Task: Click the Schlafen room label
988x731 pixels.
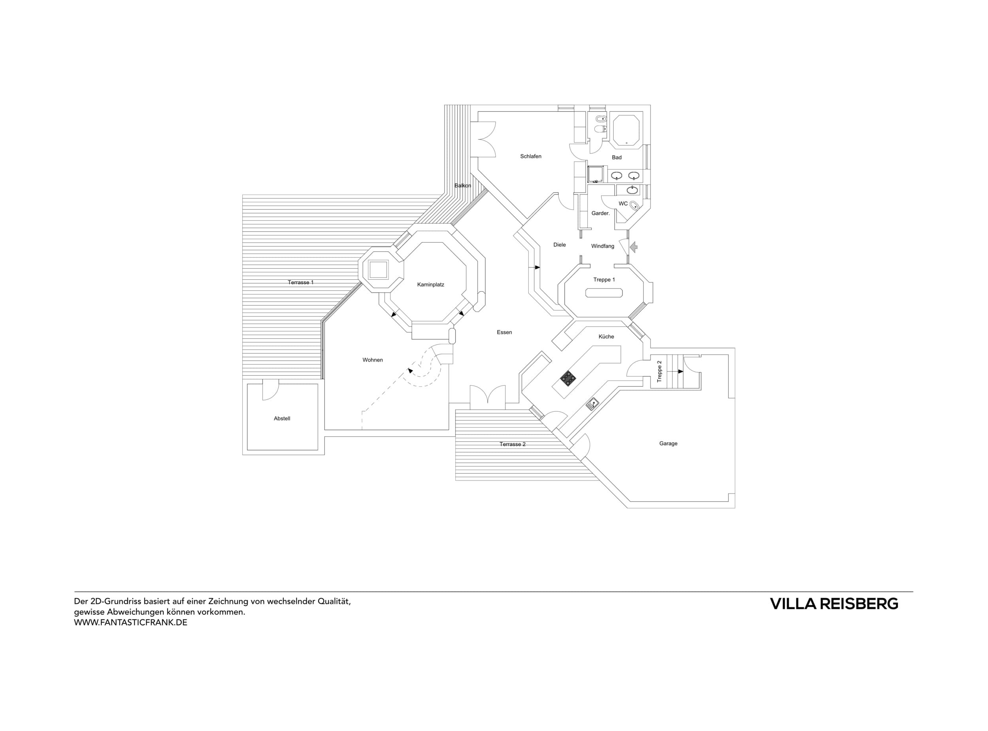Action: [x=530, y=156]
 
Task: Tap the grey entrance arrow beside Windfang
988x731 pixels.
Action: [x=634, y=247]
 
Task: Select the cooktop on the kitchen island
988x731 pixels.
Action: [x=568, y=377]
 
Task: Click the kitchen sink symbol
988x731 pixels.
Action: [x=592, y=403]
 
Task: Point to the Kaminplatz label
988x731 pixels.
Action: [x=430, y=284]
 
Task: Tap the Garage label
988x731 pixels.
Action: [x=668, y=443]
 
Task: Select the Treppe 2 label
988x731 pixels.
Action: [x=659, y=371]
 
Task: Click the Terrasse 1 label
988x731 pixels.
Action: [x=300, y=282]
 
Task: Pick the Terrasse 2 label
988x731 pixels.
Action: [x=512, y=444]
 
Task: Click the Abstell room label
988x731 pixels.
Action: [x=282, y=418]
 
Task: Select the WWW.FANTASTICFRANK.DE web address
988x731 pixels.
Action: [x=130, y=623]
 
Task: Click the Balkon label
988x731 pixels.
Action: [x=462, y=185]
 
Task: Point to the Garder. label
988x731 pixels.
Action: [x=600, y=213]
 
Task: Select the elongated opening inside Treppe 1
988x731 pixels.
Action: [x=604, y=293]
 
